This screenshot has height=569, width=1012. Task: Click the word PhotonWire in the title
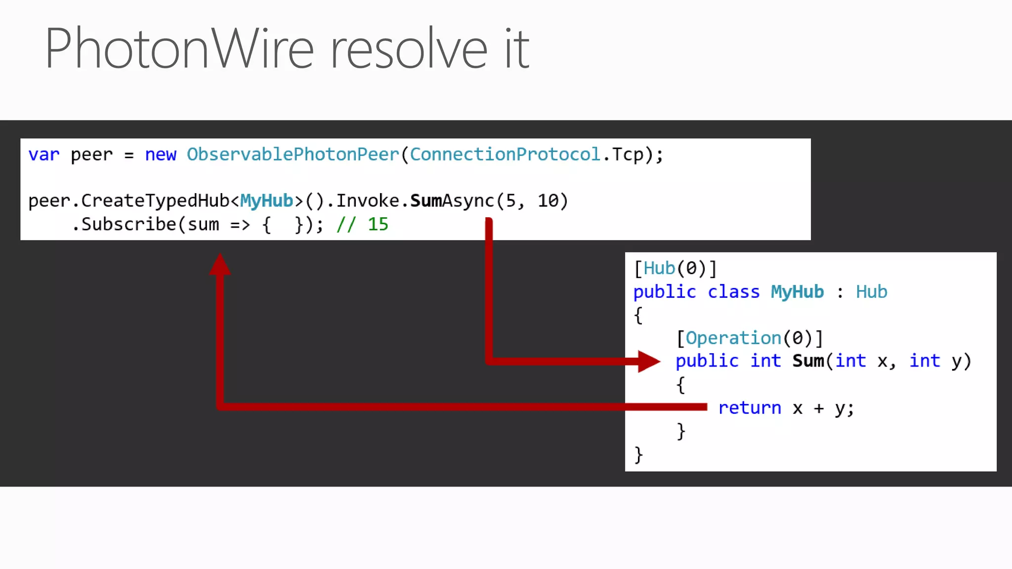point(179,48)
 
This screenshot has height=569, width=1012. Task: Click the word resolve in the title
point(409,48)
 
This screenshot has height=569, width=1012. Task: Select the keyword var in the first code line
point(43,155)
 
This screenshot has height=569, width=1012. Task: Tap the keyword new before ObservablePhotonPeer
point(161,155)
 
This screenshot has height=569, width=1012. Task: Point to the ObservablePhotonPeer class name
point(293,155)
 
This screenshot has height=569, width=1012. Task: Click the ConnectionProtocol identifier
point(505,155)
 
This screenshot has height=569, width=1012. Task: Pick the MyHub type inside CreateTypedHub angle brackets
point(267,201)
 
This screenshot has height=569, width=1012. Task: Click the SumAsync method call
point(452,201)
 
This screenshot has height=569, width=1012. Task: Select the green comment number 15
point(378,225)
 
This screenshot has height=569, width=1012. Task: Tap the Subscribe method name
point(128,225)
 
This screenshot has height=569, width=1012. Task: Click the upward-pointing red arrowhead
point(220,264)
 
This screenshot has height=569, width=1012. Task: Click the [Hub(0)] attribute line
point(675,269)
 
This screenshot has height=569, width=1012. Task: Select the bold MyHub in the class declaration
point(797,292)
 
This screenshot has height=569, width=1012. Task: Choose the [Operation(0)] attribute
point(749,338)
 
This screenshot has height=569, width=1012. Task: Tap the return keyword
point(750,408)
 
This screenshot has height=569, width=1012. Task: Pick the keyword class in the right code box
point(733,292)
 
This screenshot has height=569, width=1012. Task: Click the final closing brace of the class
point(638,454)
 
